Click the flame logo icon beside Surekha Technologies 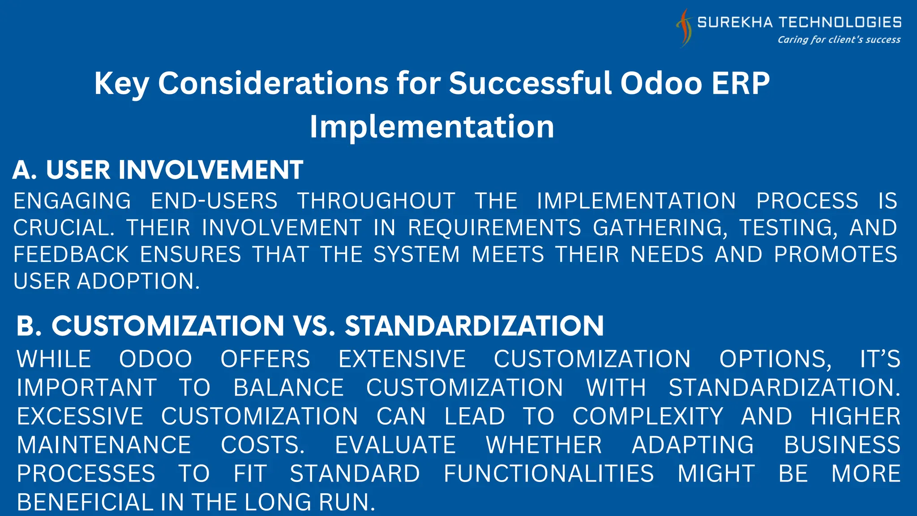tap(684, 28)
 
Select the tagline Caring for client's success tap(839, 40)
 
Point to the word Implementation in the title tap(432, 126)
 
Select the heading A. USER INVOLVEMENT tap(158, 170)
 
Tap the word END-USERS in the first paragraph tap(214, 201)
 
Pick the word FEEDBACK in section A tap(71, 254)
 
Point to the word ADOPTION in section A tap(138, 281)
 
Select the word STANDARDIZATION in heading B tap(474, 326)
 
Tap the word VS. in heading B tap(314, 326)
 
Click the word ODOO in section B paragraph tap(155, 359)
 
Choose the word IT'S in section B tap(880, 359)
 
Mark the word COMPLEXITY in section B tap(648, 417)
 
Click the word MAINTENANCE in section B tap(104, 445)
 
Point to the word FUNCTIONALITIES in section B tap(548, 474)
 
